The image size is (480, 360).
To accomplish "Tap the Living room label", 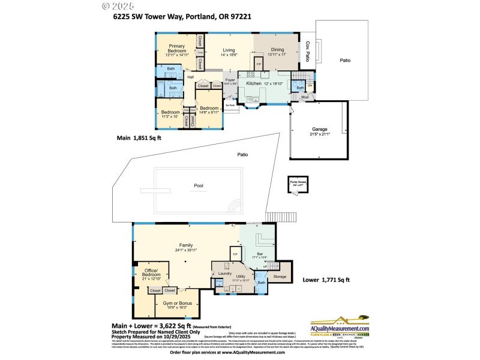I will tap(229, 50).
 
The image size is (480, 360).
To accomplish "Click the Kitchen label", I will tap(254, 83).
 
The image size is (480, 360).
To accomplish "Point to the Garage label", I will tap(319, 129).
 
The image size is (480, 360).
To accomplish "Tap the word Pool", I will tap(199, 185).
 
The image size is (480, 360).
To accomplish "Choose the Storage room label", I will tap(280, 277).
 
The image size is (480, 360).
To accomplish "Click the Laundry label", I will tap(224, 273).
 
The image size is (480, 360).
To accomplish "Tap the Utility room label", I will tap(240, 277).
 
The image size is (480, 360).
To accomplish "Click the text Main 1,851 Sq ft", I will tap(139, 137).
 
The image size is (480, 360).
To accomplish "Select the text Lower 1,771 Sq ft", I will tap(326, 280).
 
